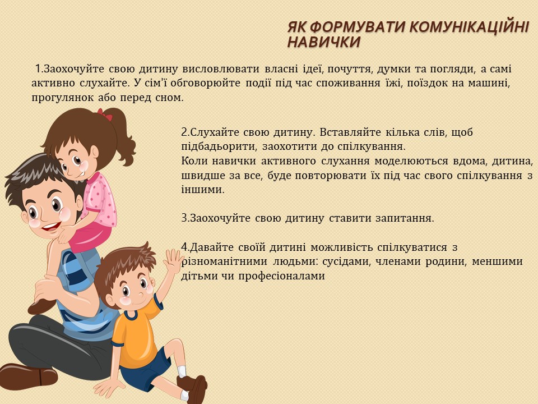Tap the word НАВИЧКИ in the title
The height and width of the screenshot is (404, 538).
[x=323, y=42]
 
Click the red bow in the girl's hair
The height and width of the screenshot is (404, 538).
[x=105, y=114]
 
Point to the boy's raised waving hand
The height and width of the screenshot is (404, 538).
[x=173, y=261]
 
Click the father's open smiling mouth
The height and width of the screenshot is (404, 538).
[x=51, y=227]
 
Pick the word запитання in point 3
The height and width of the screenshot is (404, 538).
[x=405, y=218]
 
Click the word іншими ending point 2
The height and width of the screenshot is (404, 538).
[x=202, y=190]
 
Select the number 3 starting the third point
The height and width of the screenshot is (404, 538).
[x=184, y=218]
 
